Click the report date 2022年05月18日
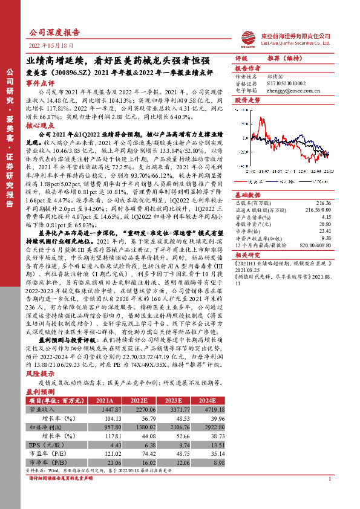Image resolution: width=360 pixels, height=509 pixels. (54, 45)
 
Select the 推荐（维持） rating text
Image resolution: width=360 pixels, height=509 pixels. (284, 59)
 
